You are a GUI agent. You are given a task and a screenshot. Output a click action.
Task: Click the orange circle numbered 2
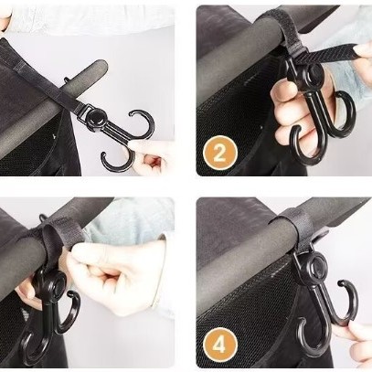(x=219, y=153)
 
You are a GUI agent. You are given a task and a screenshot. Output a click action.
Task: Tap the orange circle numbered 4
(x=219, y=345)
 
